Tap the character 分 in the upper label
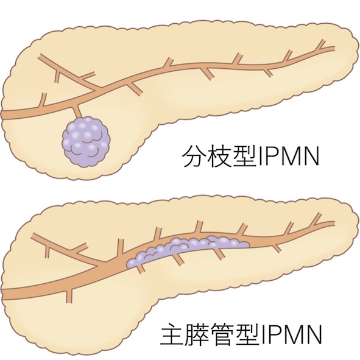point(193,155)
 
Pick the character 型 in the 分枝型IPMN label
point(244,155)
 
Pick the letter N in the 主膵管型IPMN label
point(312,335)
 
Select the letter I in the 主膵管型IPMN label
point(263,335)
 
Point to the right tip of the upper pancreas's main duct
point(334,48)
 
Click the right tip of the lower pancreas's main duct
point(334,223)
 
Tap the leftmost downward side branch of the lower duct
point(69,295)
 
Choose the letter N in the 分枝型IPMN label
point(311,157)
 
